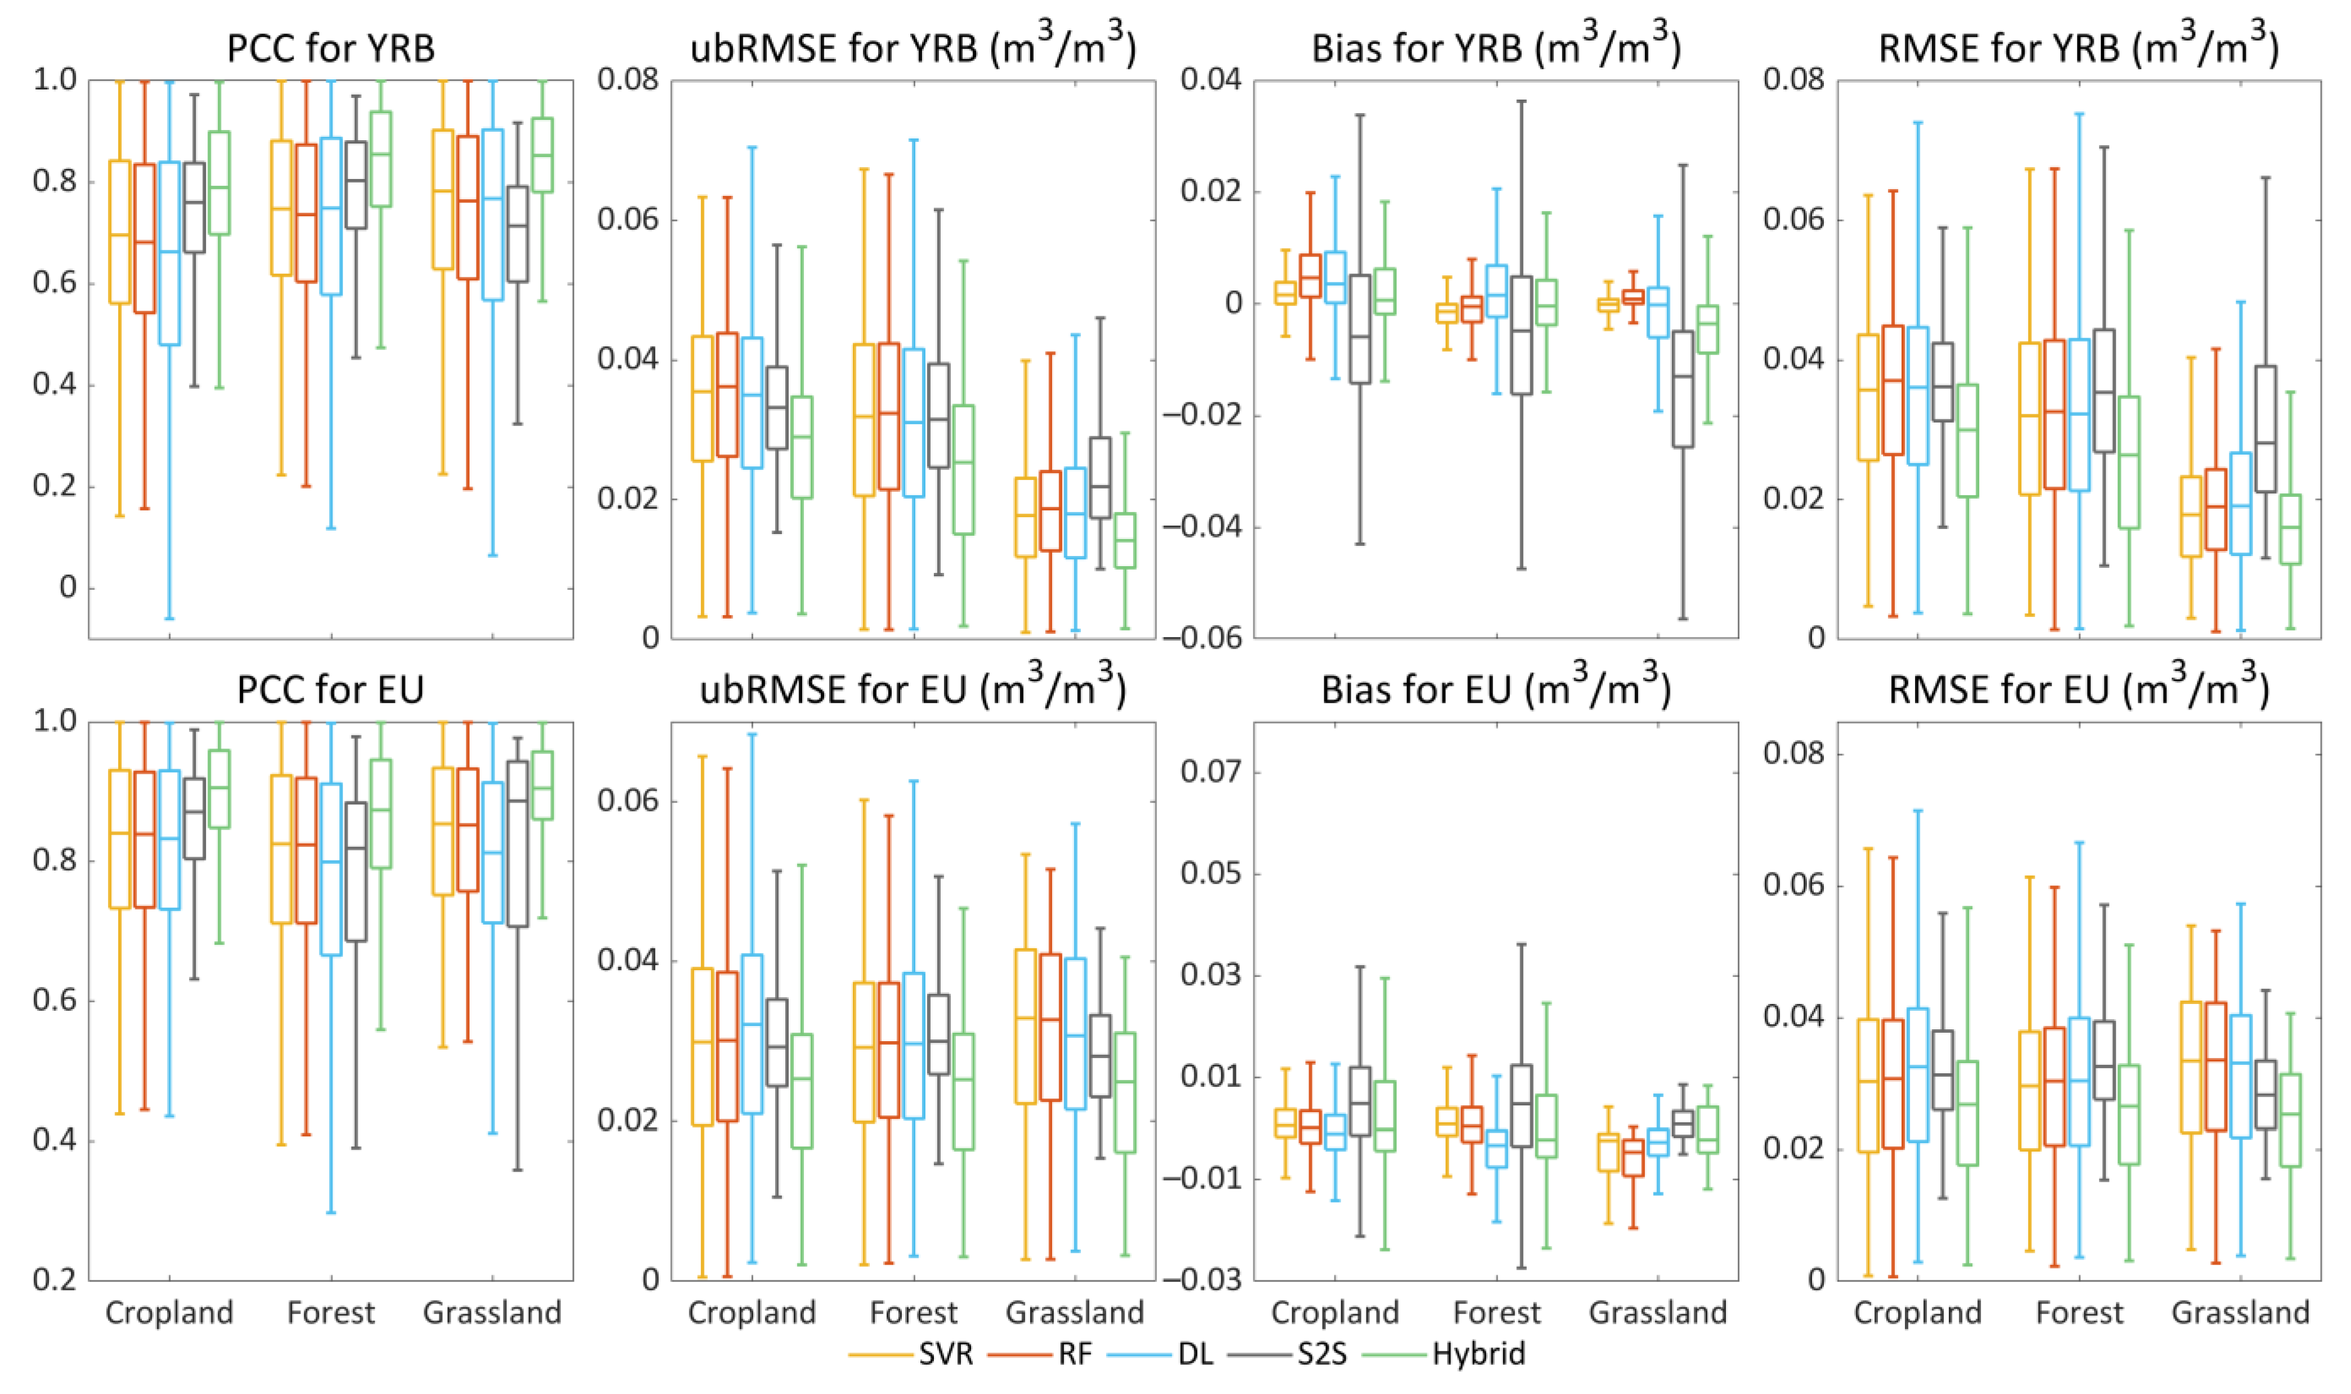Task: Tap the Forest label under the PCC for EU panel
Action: tap(330, 1312)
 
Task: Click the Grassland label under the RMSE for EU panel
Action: tap(2240, 1312)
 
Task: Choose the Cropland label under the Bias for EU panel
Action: tap(1334, 1312)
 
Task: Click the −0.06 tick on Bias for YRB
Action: tap(1202, 638)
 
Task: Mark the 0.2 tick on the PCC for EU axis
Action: tap(55, 1279)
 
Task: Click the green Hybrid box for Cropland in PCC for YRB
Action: tap(219, 183)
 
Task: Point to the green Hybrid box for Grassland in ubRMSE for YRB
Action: tap(1125, 540)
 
